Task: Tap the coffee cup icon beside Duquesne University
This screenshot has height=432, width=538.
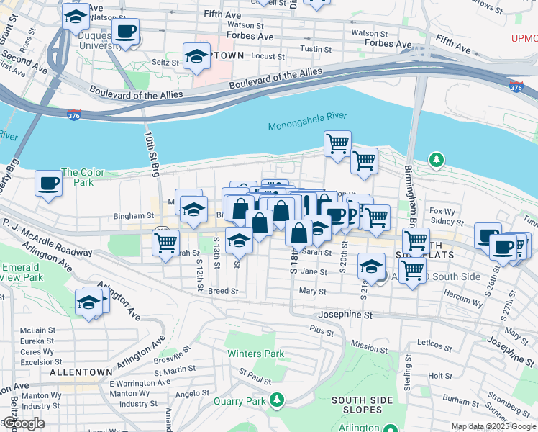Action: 126,32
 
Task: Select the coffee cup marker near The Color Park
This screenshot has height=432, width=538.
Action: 49,184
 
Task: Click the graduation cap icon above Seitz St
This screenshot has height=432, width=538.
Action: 196,56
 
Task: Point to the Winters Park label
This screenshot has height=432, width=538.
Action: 255,354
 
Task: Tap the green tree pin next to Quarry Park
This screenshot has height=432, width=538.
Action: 275,400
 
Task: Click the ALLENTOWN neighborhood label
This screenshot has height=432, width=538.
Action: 81,372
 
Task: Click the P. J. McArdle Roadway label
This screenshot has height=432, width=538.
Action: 47,238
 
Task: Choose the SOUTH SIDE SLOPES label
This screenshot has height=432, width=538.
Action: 365,405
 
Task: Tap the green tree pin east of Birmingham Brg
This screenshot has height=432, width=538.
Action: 436,160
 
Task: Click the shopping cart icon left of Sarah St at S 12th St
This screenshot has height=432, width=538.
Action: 165,243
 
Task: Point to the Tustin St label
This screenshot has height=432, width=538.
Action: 315,48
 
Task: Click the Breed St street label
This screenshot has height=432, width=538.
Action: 222,291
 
